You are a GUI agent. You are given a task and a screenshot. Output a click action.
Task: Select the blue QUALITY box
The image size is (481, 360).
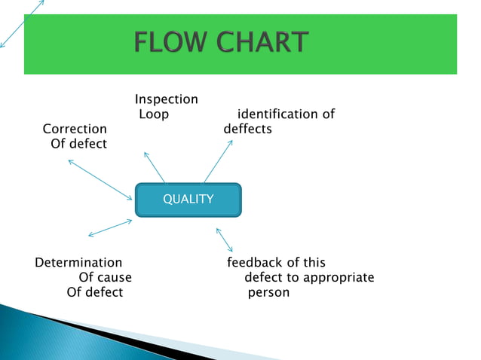click(x=188, y=200)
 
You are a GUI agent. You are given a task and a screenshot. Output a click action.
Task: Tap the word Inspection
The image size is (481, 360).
click(x=166, y=99)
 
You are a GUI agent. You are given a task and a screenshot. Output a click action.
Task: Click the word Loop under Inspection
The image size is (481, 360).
click(x=153, y=114)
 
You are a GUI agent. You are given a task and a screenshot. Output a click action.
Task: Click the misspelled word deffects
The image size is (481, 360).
click(x=247, y=130)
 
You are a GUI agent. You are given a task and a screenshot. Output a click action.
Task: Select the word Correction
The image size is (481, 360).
click(x=75, y=130)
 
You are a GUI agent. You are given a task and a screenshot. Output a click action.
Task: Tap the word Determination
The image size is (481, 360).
click(x=78, y=263)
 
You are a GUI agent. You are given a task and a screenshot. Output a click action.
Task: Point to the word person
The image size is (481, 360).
click(x=268, y=293)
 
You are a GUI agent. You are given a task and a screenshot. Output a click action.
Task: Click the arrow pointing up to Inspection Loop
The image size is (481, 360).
click(x=154, y=166)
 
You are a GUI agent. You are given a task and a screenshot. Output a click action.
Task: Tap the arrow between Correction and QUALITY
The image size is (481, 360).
click(x=100, y=178)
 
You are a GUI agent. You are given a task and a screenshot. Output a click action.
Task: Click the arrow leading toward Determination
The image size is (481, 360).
click(x=110, y=227)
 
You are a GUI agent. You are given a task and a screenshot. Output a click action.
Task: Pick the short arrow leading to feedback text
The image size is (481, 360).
click(x=225, y=240)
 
